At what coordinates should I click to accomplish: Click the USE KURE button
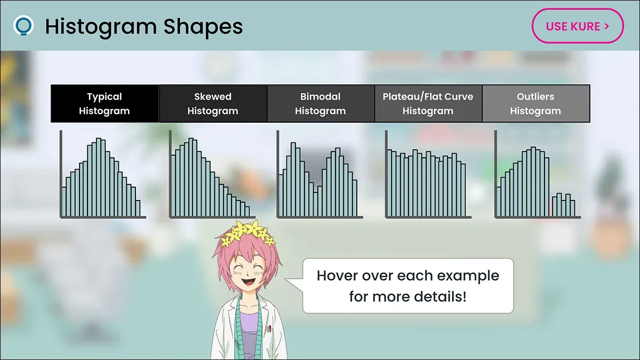(578, 26)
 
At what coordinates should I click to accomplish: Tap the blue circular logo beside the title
(23, 26)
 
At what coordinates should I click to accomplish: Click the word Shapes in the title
(203, 27)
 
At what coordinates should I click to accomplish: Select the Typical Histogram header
(105, 103)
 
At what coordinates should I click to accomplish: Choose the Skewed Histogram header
(213, 103)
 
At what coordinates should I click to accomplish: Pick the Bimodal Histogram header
(321, 103)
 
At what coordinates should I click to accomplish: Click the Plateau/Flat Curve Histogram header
(428, 103)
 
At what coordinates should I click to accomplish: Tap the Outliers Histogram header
(535, 103)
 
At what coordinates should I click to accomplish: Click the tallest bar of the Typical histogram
(99, 177)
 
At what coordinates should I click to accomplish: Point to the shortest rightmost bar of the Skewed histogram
(247, 211)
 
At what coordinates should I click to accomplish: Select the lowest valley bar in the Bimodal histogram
(315, 204)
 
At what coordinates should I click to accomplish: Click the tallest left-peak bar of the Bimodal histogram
(293, 179)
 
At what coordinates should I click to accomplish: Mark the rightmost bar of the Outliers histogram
(573, 208)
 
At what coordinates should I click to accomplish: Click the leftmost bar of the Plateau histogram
(390, 183)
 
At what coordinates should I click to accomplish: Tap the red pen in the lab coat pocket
(270, 329)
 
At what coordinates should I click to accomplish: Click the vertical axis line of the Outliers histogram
(495, 174)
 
